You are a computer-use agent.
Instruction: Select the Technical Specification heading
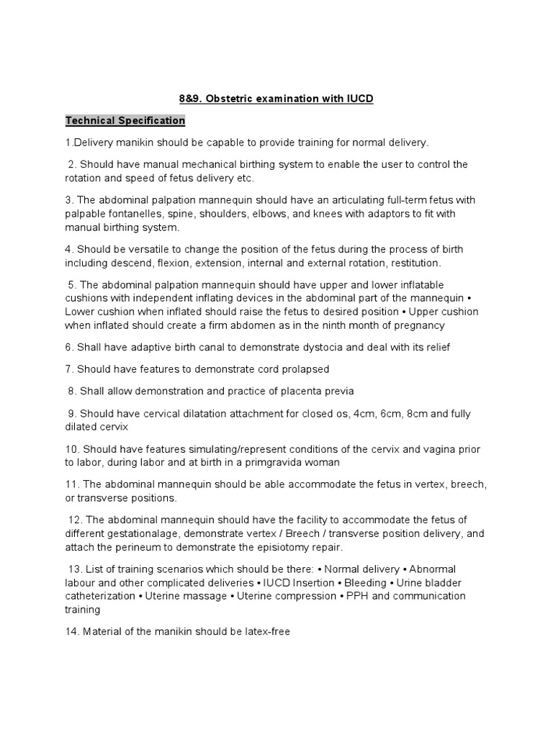(125, 120)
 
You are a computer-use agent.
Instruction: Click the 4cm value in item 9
(346, 413)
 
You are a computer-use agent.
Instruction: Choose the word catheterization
(101, 596)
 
